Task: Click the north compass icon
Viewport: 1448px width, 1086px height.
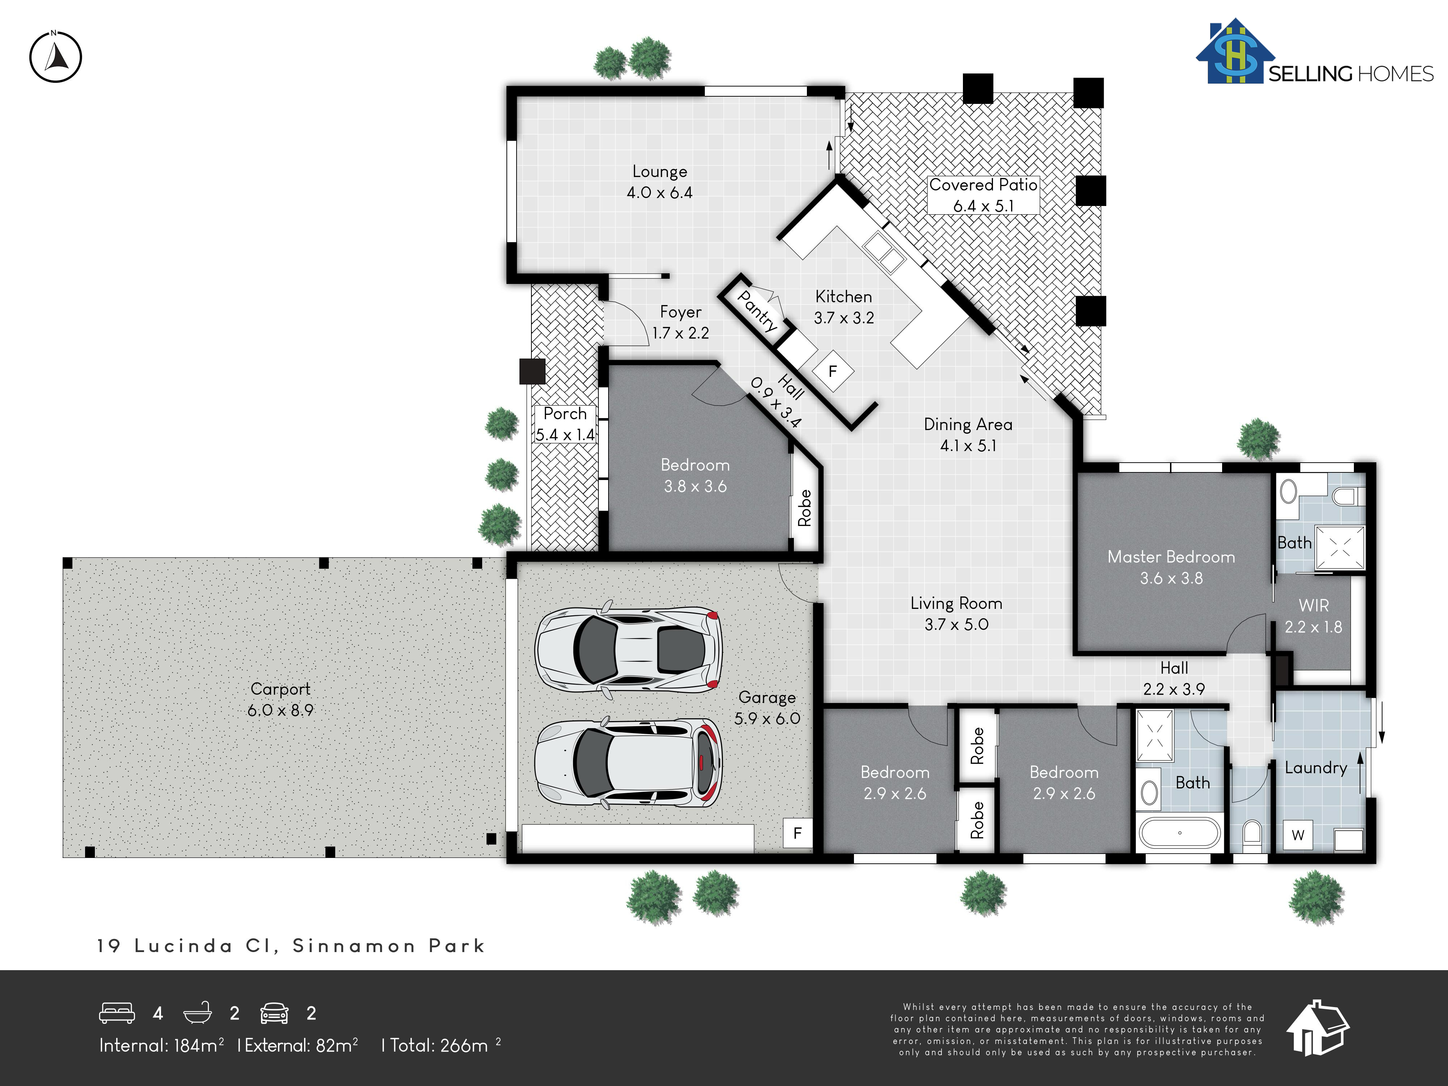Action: [56, 56]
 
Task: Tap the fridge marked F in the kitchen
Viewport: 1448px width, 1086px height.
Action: [833, 371]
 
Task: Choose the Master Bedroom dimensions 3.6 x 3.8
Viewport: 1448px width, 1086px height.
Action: [1171, 578]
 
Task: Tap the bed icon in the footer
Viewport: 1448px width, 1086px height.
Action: [117, 1013]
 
